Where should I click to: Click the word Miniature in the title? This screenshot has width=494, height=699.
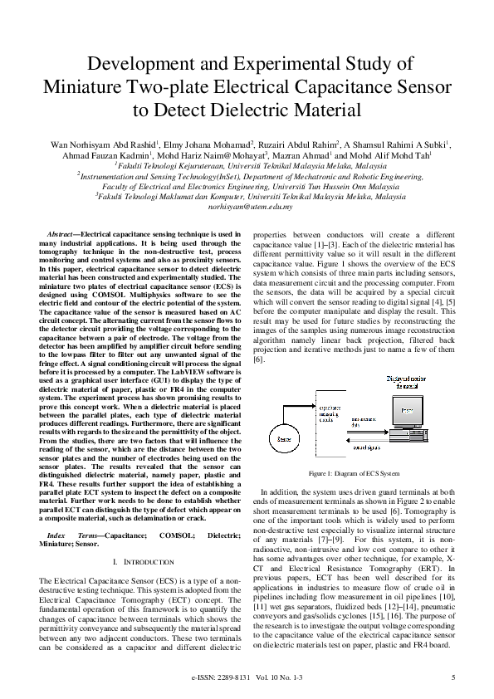[86, 88]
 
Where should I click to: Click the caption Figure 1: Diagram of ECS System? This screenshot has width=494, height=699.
[354, 473]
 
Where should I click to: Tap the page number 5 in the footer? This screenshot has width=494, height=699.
[453, 677]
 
